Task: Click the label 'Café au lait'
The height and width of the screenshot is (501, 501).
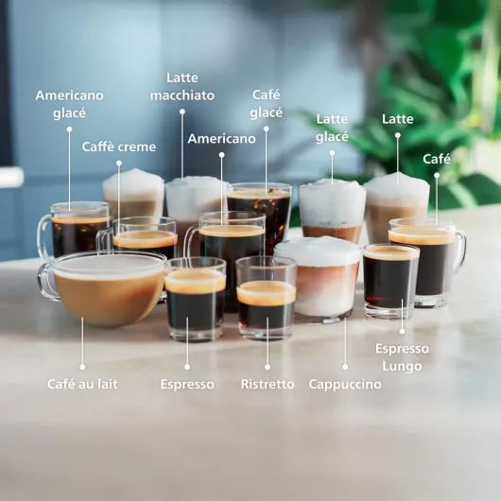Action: pyautogui.click(x=82, y=385)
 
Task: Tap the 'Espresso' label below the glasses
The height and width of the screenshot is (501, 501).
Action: pyautogui.click(x=187, y=385)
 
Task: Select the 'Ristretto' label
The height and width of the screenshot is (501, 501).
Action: pyautogui.click(x=267, y=385)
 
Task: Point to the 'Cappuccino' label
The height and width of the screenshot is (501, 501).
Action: pyautogui.click(x=345, y=385)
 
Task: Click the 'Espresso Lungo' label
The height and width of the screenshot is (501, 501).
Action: pyautogui.click(x=402, y=357)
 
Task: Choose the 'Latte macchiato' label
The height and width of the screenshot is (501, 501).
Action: pyautogui.click(x=181, y=86)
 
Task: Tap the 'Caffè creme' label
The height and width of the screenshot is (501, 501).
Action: pyautogui.click(x=119, y=147)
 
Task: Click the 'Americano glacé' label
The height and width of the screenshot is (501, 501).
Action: pyautogui.click(x=69, y=104)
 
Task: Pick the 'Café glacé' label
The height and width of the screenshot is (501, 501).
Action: pyautogui.click(x=267, y=103)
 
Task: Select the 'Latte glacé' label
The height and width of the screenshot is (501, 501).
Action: pyautogui.click(x=332, y=128)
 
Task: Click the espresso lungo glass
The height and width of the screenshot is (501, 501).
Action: pyautogui.click(x=390, y=280)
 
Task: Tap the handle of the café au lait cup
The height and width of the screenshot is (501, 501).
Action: pyautogui.click(x=46, y=281)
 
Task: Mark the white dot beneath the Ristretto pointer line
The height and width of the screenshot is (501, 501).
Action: pyautogui.click(x=267, y=367)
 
